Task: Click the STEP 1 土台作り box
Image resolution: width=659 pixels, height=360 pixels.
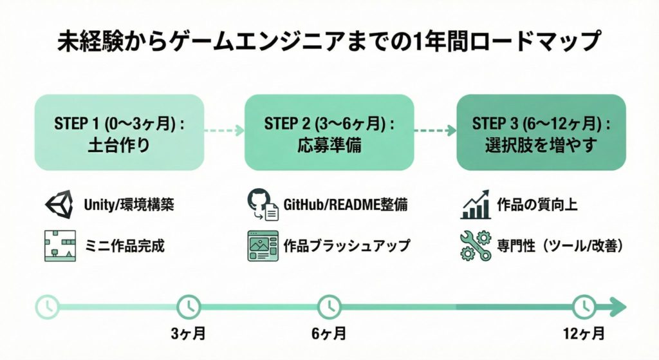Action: pos(119,132)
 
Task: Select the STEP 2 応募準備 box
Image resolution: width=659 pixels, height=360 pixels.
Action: pos(329,132)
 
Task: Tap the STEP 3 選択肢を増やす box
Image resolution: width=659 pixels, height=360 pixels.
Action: pos(541,132)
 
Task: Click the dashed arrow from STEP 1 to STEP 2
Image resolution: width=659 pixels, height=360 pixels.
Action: pos(224,131)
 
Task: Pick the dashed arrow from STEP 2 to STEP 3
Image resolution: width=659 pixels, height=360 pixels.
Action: pos(435,131)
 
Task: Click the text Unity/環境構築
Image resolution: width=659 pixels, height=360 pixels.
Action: pos(129,205)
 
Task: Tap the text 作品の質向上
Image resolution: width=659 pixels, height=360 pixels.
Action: pos(537,205)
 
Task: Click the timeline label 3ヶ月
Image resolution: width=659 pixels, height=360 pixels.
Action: pos(189,334)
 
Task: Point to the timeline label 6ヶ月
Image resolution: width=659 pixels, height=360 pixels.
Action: pos(329,334)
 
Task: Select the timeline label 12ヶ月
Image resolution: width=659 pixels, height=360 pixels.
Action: pos(584,334)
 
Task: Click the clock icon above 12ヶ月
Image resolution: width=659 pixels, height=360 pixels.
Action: pos(584,306)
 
